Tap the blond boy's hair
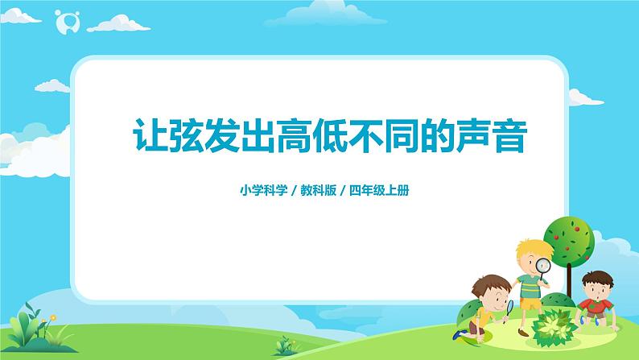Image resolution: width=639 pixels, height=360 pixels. click(529, 246)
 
